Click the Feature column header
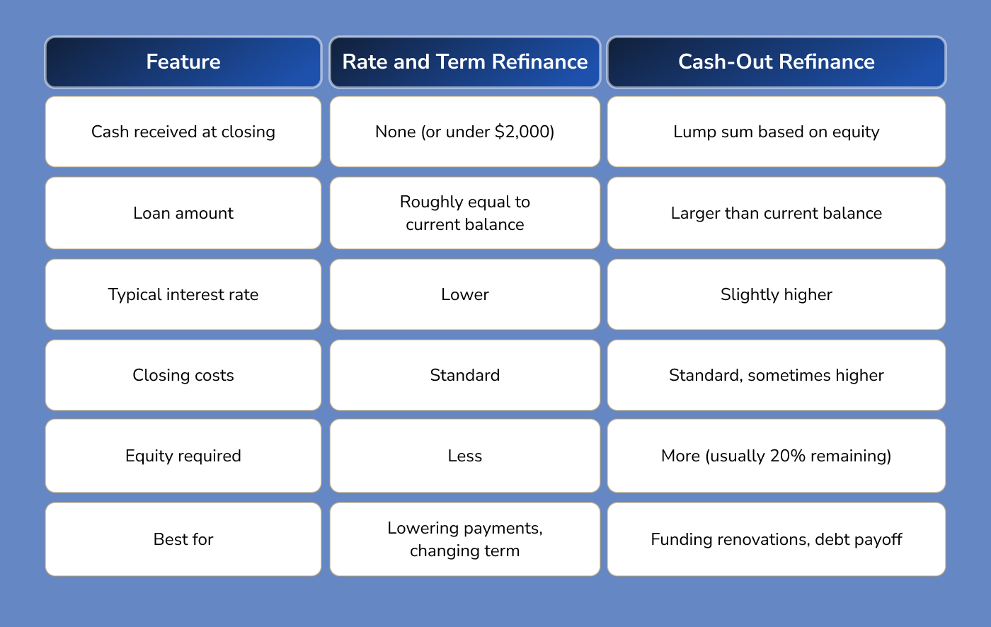[183, 62]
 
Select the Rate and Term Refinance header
[464, 62]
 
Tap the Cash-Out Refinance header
[776, 62]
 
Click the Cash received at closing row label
[183, 132]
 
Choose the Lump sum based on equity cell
[776, 132]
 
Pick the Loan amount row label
[183, 213]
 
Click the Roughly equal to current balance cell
[464, 213]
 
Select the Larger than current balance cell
[776, 213]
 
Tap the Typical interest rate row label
[183, 294]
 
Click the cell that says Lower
[464, 294]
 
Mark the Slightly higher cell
[776, 294]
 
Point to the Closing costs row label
[183, 375]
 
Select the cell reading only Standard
[464, 375]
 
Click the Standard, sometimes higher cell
[776, 375]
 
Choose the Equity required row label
[183, 456]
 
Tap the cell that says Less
[464, 456]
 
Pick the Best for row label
[183, 539]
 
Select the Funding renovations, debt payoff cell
[776, 539]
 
